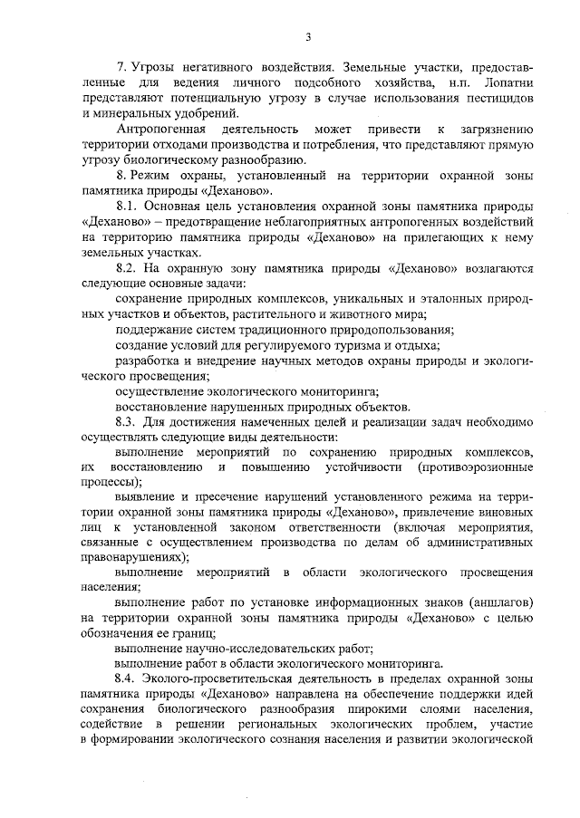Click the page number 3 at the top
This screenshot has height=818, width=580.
click(308, 37)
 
